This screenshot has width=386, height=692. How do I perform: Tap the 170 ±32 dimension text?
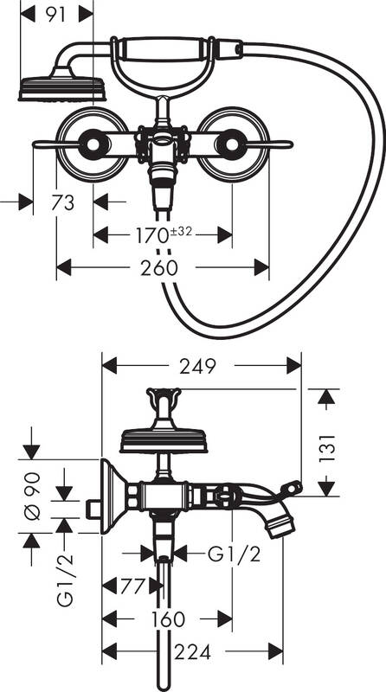tap(163, 234)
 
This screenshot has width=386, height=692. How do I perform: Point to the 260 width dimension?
tap(162, 268)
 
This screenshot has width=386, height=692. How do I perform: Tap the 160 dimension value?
tap(165, 618)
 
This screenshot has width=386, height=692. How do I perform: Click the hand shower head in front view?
tap(61, 88)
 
